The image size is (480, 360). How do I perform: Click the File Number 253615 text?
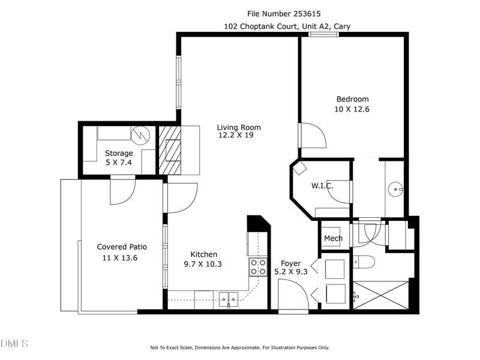[x=284, y=14]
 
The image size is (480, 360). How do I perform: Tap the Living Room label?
[x=239, y=127]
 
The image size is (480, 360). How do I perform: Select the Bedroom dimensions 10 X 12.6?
[x=352, y=109]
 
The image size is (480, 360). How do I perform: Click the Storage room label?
[x=119, y=153]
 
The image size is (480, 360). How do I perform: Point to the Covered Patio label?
[x=122, y=247]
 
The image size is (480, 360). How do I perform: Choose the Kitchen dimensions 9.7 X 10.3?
[x=203, y=264]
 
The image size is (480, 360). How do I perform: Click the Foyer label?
[x=291, y=263]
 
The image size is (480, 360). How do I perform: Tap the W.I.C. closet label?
[x=322, y=186]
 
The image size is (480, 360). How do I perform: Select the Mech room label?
[x=334, y=238]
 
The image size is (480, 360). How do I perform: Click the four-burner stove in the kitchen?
[x=258, y=267]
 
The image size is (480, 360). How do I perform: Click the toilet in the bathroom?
[x=364, y=262]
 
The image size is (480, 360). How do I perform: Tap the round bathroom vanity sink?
[x=395, y=190]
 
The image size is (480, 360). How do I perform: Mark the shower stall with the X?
[x=381, y=295]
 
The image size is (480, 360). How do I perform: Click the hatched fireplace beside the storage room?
[x=170, y=151]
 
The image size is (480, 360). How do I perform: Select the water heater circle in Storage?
[x=140, y=136]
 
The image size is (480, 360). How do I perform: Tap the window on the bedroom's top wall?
[x=323, y=34]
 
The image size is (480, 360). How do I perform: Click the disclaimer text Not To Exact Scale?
[x=172, y=347]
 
